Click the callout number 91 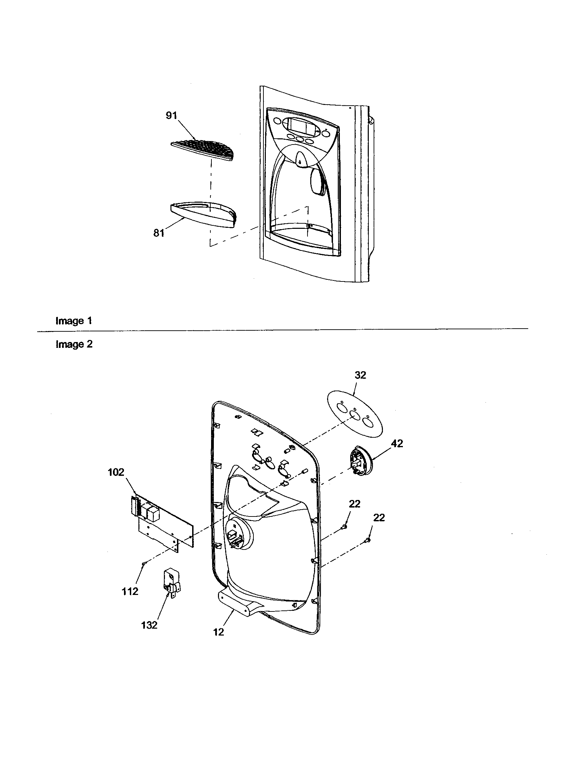click(x=171, y=115)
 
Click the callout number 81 click(x=158, y=233)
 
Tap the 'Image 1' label click(x=74, y=321)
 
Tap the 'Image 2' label click(x=74, y=344)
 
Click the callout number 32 click(x=360, y=375)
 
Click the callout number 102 click(x=116, y=472)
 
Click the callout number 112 click(x=130, y=591)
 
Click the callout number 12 click(x=218, y=632)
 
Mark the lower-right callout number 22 click(x=379, y=527)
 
